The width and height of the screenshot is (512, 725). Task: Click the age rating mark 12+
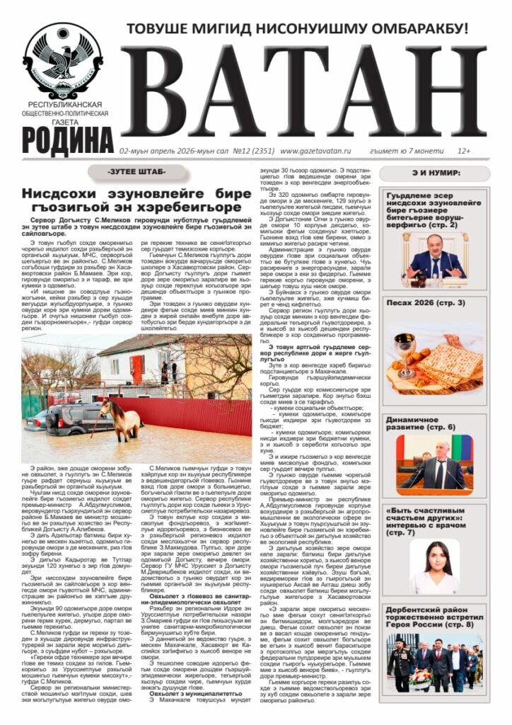[464, 151]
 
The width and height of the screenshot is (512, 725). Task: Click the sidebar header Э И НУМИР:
[432, 173]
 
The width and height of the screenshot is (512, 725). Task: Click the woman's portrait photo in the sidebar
[434, 566]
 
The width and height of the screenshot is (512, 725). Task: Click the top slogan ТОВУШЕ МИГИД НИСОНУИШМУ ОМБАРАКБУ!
[297, 29]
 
